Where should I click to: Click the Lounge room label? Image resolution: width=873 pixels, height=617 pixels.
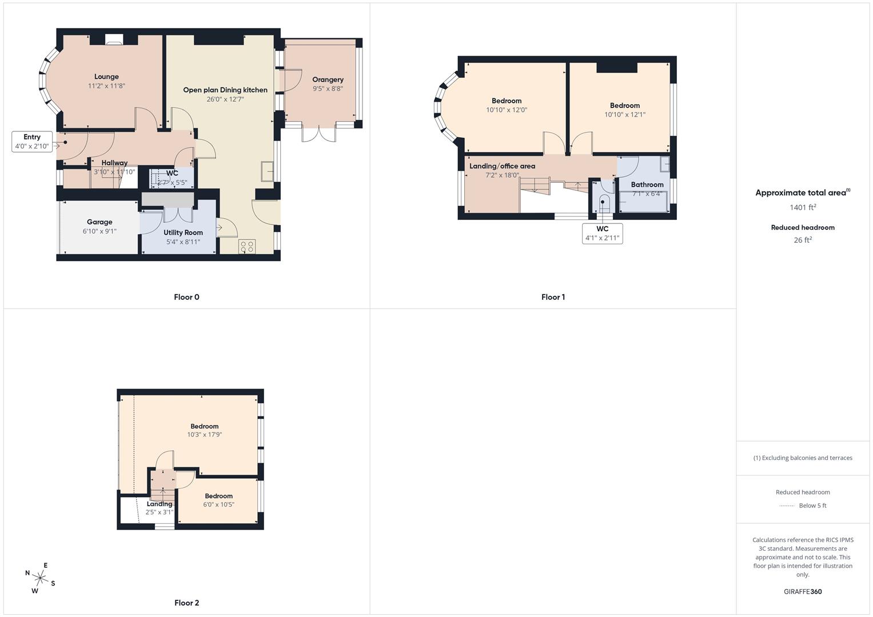106,77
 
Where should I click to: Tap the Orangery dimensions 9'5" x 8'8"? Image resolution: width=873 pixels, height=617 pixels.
328,89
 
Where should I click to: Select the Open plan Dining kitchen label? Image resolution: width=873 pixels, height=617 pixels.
225,90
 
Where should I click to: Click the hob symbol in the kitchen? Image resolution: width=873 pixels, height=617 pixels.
247,247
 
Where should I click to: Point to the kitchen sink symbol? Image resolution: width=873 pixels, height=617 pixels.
267,171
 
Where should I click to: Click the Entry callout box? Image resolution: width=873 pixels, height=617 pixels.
32,141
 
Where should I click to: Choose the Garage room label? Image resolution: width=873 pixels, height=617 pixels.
99,222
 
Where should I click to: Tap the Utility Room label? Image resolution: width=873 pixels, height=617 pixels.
183,233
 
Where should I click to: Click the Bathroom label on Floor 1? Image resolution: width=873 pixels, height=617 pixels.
647,185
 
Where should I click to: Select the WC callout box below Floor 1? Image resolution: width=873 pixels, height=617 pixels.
602,233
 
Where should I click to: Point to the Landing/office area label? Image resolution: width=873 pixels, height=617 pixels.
502,166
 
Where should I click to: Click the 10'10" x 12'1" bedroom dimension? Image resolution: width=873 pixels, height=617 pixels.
625,115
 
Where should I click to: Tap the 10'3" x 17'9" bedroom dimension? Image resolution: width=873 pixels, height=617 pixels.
205,435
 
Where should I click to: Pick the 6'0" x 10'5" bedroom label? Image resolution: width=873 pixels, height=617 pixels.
218,496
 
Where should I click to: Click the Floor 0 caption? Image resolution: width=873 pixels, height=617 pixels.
186,297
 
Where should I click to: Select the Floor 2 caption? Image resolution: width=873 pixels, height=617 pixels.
186,603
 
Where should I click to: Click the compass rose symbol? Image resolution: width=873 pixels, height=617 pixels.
40,578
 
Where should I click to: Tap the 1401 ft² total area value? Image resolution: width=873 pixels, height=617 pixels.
803,207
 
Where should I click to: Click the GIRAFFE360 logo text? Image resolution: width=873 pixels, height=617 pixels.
803,592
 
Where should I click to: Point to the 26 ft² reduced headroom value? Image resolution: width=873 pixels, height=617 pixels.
803,240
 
